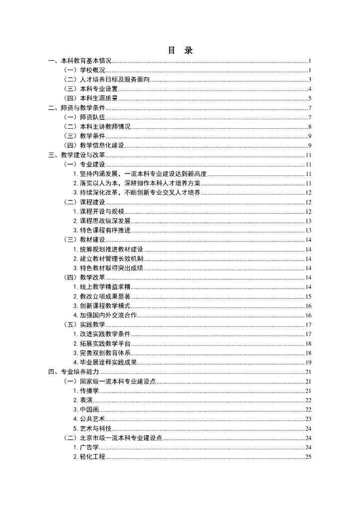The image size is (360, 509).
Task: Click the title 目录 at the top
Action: pos(180,50)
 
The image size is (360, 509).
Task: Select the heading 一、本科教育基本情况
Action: pos(80,61)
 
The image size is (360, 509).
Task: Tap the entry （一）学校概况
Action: pos(85,71)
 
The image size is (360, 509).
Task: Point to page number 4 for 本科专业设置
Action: pos(309,89)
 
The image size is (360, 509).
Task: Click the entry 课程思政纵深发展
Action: pos(101,221)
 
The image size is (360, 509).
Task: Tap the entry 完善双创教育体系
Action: pos(101,353)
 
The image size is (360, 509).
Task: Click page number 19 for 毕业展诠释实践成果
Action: pos(308,362)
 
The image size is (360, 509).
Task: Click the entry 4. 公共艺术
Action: pos(89,419)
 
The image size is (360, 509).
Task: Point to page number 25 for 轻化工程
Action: pos(308,457)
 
